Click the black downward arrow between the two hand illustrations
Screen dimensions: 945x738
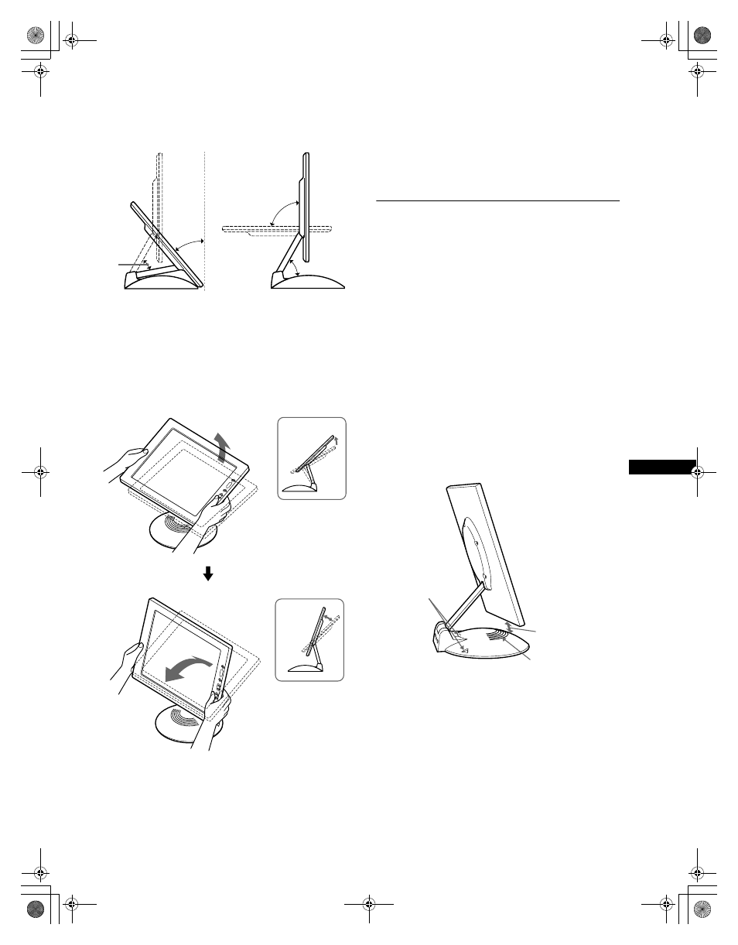(207, 574)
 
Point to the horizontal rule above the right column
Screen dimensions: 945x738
(497, 200)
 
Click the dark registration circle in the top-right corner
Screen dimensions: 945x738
(702, 36)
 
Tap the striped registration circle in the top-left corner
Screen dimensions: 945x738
(36, 36)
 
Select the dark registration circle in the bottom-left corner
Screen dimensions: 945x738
(36, 908)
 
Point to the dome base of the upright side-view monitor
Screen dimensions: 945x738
(307, 281)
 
